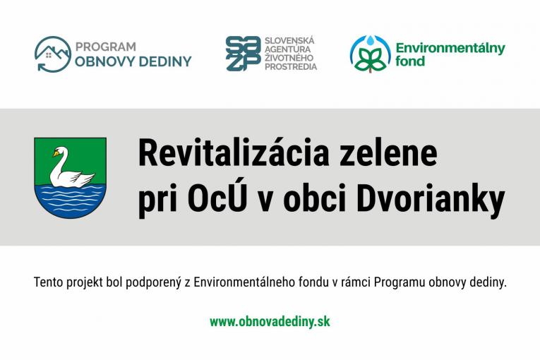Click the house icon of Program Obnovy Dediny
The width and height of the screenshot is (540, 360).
point(52,54)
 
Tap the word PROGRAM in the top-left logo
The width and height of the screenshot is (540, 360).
point(105,47)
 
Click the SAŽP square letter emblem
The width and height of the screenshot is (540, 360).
point(243,54)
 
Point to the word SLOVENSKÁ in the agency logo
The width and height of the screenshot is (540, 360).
point(289,41)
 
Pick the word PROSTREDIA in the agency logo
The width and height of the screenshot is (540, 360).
point(290,67)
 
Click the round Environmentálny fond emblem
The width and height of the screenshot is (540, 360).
point(370,54)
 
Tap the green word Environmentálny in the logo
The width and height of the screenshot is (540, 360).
point(450,48)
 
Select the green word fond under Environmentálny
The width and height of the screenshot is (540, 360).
point(410,61)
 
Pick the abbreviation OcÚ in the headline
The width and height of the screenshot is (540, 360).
point(208,200)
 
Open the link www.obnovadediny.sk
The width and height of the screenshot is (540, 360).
point(270,322)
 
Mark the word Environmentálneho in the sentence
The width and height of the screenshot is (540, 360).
point(241,282)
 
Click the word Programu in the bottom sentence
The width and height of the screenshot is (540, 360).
point(400,282)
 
